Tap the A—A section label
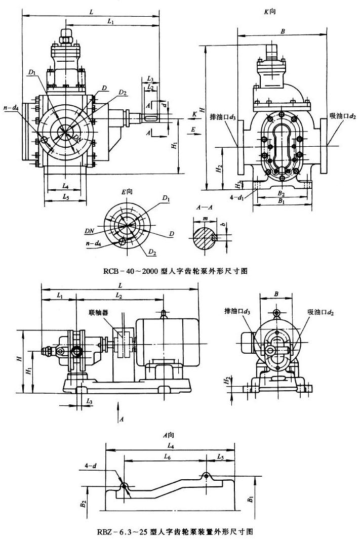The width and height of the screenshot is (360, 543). (204, 207)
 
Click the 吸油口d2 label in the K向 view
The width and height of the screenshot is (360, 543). (342, 116)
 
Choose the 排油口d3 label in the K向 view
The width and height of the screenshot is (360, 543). (222, 116)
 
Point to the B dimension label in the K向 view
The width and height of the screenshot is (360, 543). (283, 31)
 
